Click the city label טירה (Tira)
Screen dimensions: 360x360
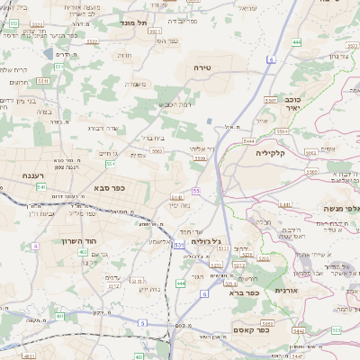click(x=202, y=68)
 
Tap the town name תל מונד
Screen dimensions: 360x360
click(x=135, y=22)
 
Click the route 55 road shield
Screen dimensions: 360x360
click(x=195, y=191)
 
